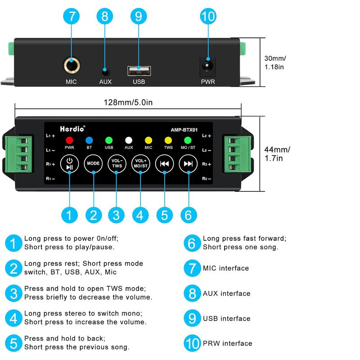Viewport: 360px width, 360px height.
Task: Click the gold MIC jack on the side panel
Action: (x=72, y=66)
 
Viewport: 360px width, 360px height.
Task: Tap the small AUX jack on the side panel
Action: (x=105, y=71)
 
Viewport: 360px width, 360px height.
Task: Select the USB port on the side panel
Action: (x=139, y=70)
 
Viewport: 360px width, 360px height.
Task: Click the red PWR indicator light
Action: (x=69, y=140)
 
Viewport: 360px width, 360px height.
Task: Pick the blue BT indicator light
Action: (x=89, y=140)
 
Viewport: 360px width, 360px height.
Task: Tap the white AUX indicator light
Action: (x=129, y=140)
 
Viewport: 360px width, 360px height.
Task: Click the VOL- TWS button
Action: (x=117, y=163)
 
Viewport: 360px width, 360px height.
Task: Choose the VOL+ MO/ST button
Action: (x=140, y=163)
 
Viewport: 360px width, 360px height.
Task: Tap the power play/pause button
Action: (x=69, y=163)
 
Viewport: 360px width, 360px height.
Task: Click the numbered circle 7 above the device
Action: (x=72, y=17)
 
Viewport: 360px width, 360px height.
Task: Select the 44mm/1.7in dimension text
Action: (x=277, y=154)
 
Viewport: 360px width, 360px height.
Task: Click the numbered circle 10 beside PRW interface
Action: (x=193, y=344)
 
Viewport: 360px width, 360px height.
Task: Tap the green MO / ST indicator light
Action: (x=188, y=140)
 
